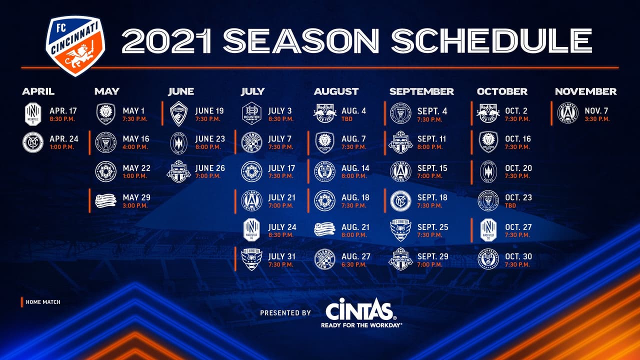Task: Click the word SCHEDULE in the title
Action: (491, 40)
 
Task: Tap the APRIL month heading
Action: (38, 91)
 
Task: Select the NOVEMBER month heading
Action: (585, 91)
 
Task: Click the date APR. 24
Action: (64, 139)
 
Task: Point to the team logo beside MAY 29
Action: (105, 200)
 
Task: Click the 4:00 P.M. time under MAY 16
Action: (134, 147)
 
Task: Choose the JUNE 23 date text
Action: (210, 139)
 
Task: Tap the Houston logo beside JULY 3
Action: (251, 113)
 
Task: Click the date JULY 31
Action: (282, 256)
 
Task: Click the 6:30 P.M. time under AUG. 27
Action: (354, 264)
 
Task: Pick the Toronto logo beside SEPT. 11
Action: (400, 142)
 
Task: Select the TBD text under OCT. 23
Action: (511, 205)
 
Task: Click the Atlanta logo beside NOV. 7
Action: (567, 113)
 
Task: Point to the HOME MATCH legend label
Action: (43, 302)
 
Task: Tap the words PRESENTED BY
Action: (285, 313)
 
